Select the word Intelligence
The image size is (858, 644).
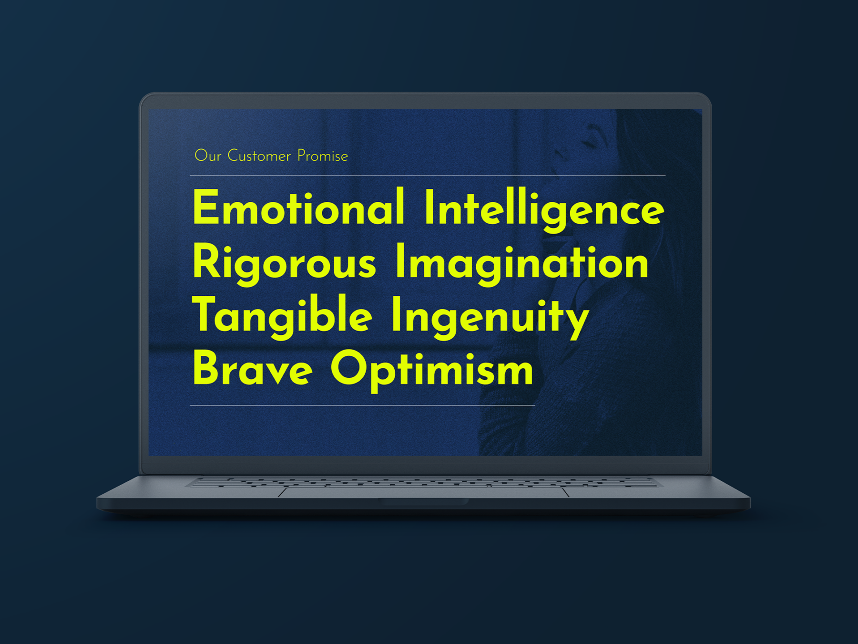pyautogui.click(x=544, y=209)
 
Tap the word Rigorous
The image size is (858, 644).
pyautogui.click(x=285, y=264)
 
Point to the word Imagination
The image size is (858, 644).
pyautogui.click(x=522, y=264)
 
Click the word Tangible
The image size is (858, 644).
pyautogui.click(x=282, y=316)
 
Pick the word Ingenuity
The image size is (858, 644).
pyautogui.click(x=490, y=318)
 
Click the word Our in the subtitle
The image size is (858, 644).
pyautogui.click(x=208, y=156)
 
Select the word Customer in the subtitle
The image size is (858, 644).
pyautogui.click(x=259, y=156)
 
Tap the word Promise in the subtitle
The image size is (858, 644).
pyautogui.click(x=323, y=156)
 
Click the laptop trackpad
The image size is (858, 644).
pyautogui.click(x=423, y=492)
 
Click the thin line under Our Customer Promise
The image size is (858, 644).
pyautogui.click(x=428, y=175)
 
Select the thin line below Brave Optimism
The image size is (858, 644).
pyautogui.click(x=362, y=405)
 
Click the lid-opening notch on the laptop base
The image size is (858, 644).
pyautogui.click(x=423, y=501)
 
